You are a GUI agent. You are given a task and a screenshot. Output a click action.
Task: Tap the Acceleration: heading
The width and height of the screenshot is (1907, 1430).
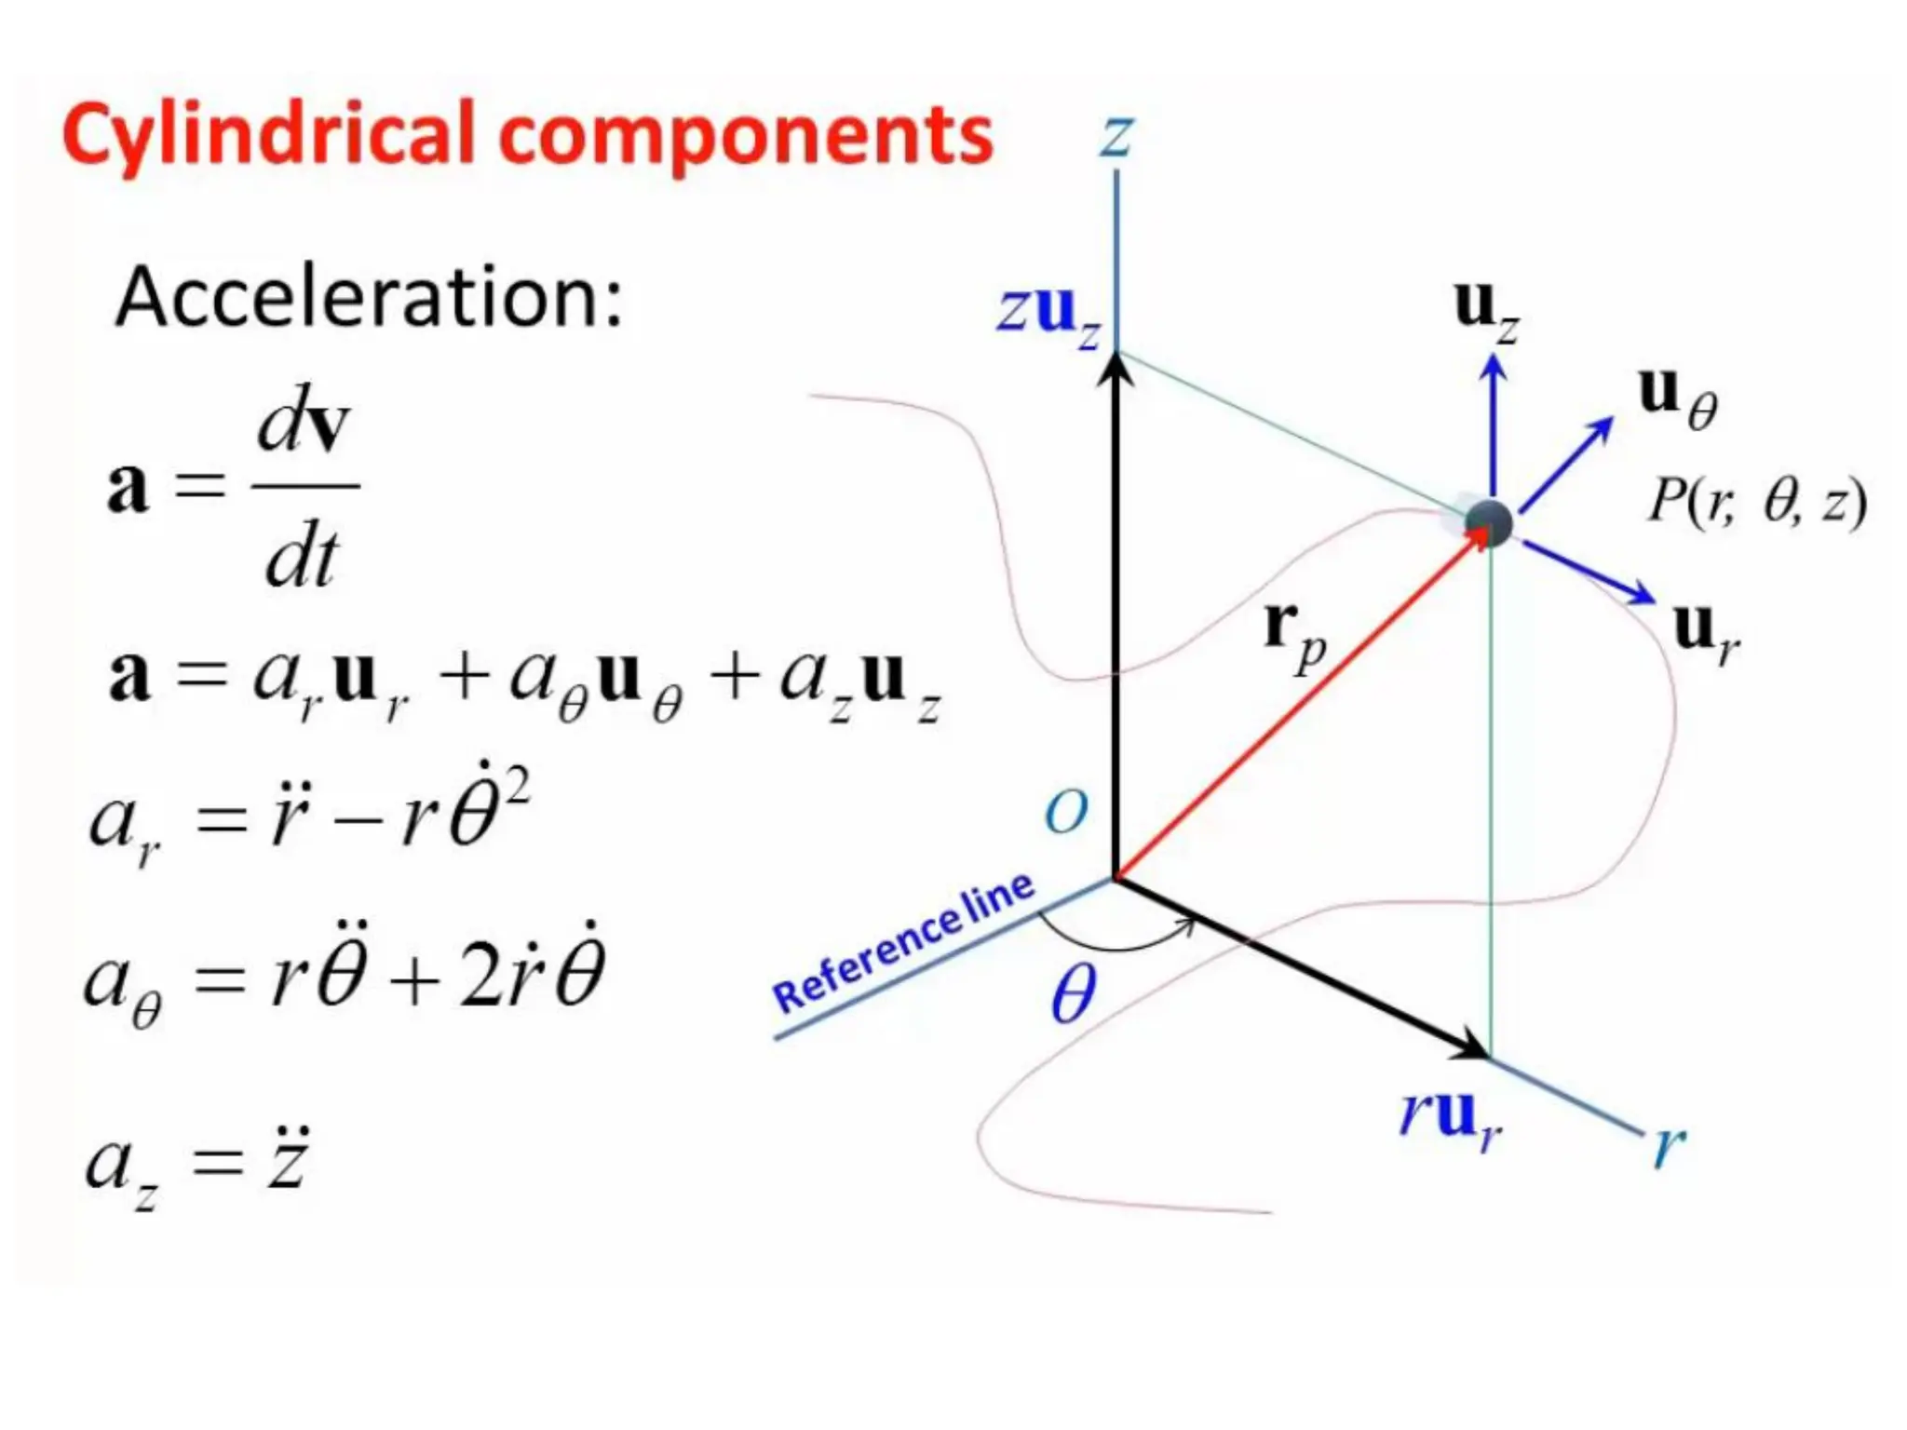pos(369,297)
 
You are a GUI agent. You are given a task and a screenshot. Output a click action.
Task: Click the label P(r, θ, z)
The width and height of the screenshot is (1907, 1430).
pos(1756,504)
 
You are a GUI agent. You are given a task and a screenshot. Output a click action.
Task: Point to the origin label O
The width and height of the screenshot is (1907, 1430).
pos(1065,813)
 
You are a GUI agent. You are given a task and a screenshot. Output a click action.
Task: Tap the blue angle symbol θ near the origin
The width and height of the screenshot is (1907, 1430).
pos(1073,994)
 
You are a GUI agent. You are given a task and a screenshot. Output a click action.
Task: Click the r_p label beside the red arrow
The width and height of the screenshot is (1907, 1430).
pos(1295,634)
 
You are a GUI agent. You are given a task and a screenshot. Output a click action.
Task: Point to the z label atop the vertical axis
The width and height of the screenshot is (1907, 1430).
pos(1116,137)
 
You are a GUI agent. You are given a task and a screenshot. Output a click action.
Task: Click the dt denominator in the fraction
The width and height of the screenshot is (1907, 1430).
pos(301,559)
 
